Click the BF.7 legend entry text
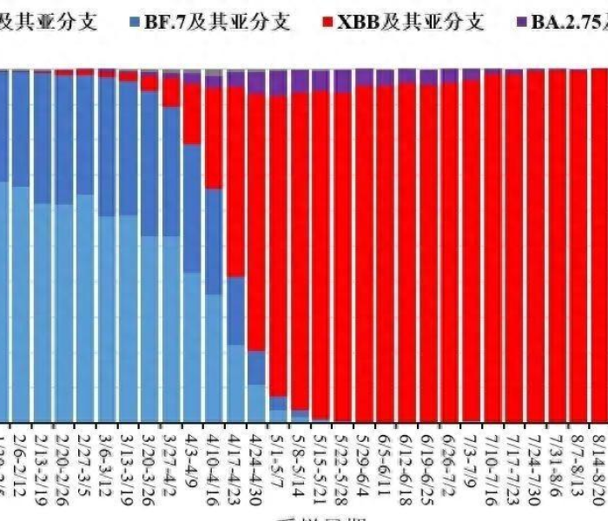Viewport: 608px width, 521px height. click(x=221, y=19)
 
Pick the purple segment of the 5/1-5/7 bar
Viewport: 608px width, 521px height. click(x=278, y=82)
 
